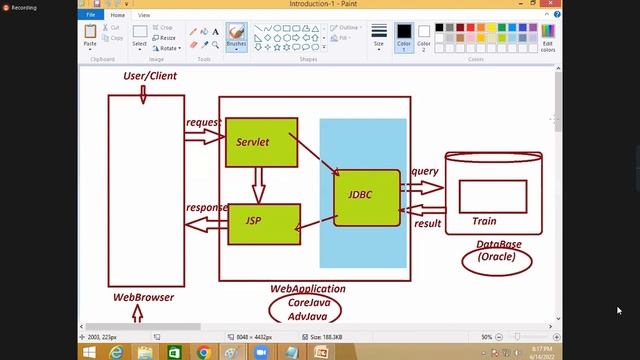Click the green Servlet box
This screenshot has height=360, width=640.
(260, 142)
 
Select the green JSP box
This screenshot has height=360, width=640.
(264, 223)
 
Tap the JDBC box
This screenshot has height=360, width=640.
(366, 197)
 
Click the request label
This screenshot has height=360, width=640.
(203, 123)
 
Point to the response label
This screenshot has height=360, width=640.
(207, 208)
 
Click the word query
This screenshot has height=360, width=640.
(425, 171)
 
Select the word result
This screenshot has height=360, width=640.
(428, 223)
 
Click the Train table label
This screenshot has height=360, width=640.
(484, 221)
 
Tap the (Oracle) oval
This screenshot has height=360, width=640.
(496, 257)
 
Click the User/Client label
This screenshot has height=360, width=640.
(149, 76)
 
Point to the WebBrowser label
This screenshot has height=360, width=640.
(143, 297)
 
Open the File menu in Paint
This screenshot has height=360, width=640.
(91, 16)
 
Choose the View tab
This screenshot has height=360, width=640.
(144, 16)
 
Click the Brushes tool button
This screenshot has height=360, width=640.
(236, 38)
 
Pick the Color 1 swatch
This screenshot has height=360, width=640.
(403, 38)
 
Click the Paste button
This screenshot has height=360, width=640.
(90, 37)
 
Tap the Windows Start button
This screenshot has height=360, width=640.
(89, 352)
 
